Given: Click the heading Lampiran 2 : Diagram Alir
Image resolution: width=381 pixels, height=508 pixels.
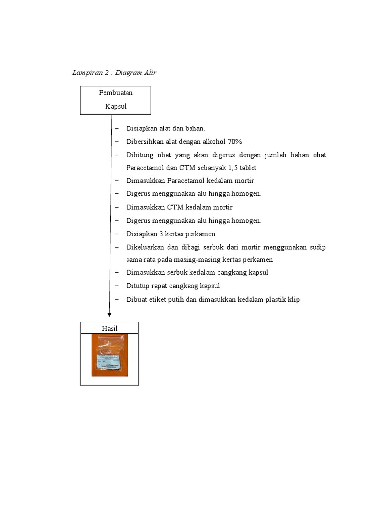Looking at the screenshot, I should pyautogui.click(x=115, y=73).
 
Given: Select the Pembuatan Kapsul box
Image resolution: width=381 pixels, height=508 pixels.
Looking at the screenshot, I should pyautogui.click(x=116, y=100).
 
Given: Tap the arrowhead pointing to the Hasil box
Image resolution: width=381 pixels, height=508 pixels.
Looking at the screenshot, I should pyautogui.click(x=109, y=314).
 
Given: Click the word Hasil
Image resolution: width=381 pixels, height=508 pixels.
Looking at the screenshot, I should pyautogui.click(x=110, y=328).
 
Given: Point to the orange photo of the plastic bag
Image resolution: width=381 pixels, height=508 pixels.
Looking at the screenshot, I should pyautogui.click(x=110, y=355).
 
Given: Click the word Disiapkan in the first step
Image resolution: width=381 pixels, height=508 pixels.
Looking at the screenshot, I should pyautogui.click(x=141, y=129).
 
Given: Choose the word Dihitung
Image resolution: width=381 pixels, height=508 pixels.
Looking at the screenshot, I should pyautogui.click(x=139, y=155).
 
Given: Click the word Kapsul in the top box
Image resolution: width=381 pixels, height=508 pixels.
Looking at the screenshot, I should pyautogui.click(x=116, y=106).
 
